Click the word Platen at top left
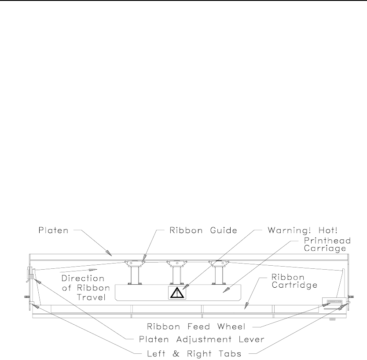point(51,230)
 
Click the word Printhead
point(324,240)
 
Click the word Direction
point(82,278)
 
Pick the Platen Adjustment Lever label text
point(199,339)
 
